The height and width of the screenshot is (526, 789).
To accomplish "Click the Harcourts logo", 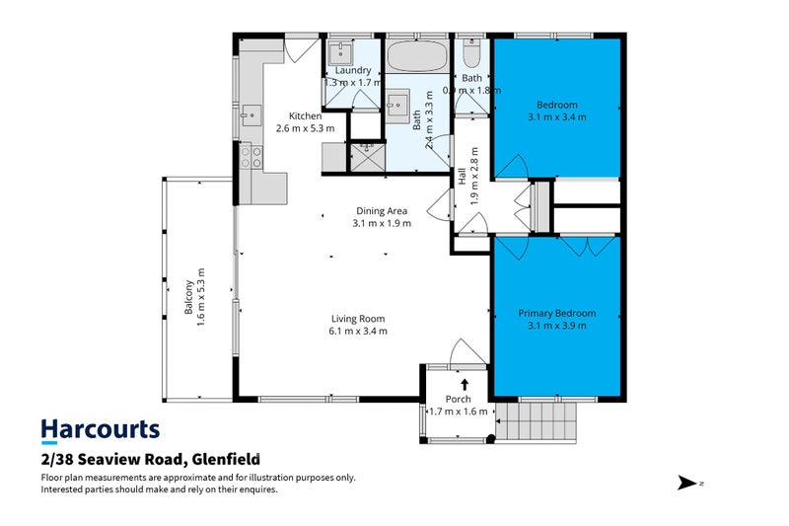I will pyautogui.click(x=100, y=429).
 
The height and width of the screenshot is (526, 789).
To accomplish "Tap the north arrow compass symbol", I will pyautogui.click(x=686, y=483).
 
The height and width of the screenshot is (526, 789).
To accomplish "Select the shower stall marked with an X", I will pyautogui.click(x=366, y=155).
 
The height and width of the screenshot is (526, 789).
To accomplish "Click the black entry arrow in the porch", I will pyautogui.click(x=465, y=384).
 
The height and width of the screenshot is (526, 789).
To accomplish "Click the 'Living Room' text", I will pyautogui.click(x=357, y=319).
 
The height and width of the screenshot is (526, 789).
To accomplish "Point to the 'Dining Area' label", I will pyautogui.click(x=382, y=210).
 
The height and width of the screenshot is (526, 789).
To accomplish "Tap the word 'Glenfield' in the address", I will pyautogui.click(x=224, y=459).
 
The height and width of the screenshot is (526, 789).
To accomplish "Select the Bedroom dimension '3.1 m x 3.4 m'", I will pyautogui.click(x=557, y=117).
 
